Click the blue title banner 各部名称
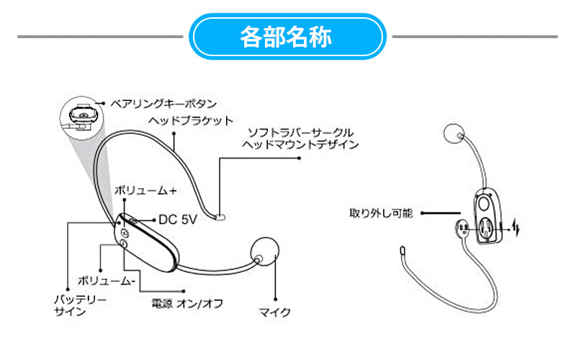pyautogui.click(x=287, y=37)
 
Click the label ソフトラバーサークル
pyautogui.click(x=300, y=133)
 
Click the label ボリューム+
pyautogui.click(x=146, y=191)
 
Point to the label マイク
pyautogui.click(x=275, y=312)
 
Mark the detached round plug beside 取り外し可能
pyautogui.click(x=463, y=228)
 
